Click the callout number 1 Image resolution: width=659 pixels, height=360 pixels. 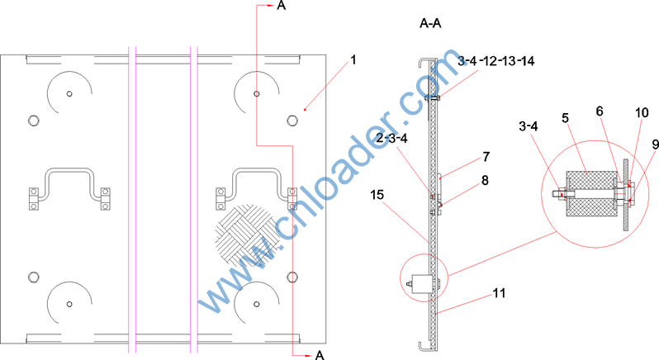353,60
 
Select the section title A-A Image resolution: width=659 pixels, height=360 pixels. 430,23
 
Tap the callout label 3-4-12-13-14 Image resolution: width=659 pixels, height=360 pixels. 496,61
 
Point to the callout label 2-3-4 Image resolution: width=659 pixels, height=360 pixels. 391,138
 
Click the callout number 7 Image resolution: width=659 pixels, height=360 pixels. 486,157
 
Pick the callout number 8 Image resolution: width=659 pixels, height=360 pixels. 485,181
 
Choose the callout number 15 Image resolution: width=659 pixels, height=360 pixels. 377,195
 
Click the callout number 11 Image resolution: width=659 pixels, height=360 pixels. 499,293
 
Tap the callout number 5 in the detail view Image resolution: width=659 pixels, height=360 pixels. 566,118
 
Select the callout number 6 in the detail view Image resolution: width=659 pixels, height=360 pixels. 600,111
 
